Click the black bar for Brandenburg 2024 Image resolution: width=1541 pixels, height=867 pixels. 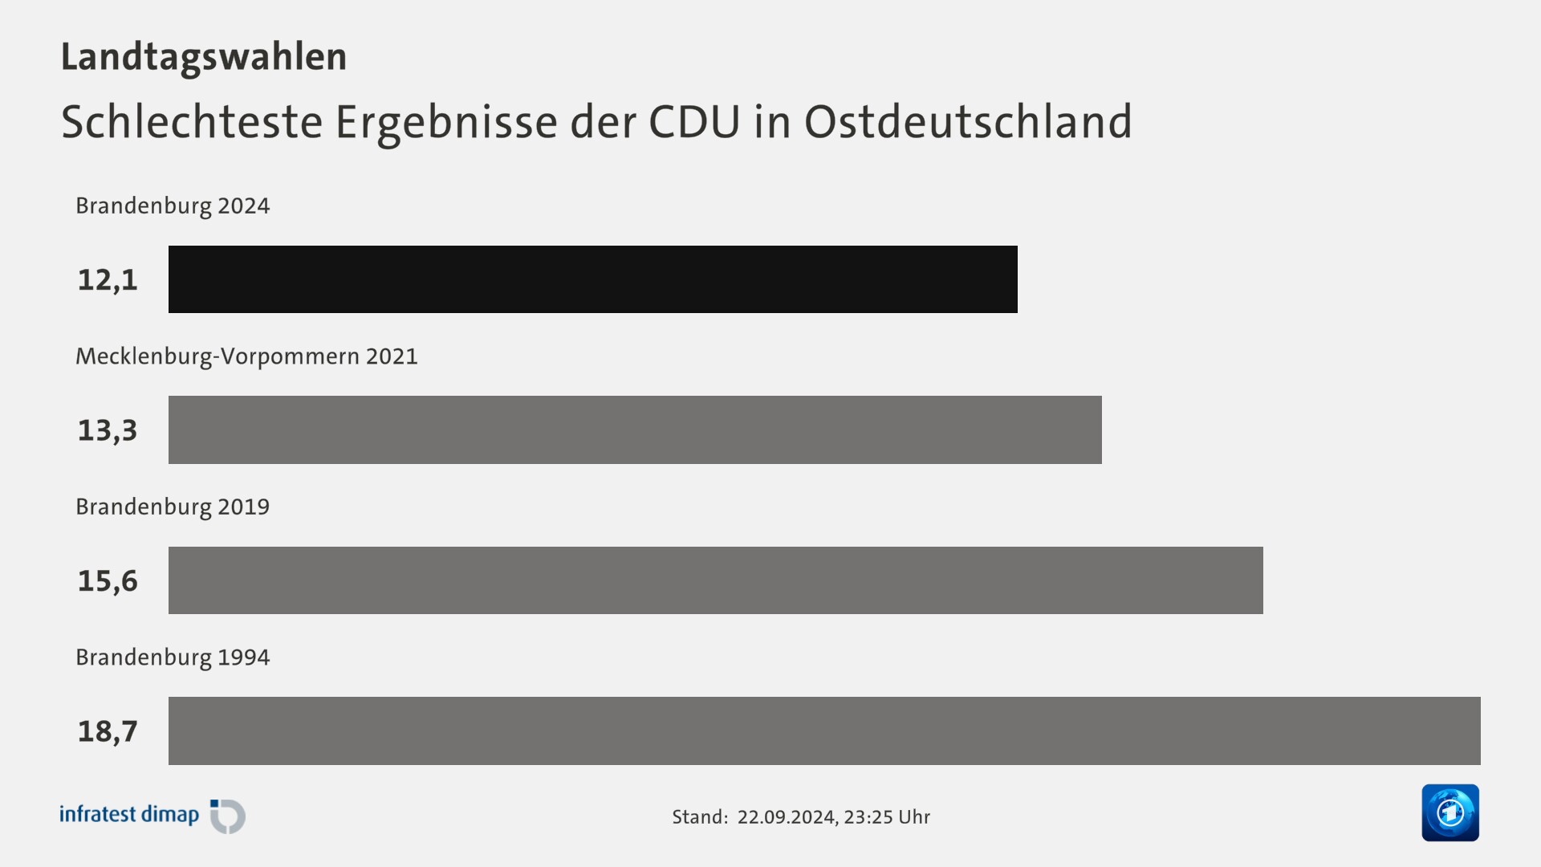click(592, 279)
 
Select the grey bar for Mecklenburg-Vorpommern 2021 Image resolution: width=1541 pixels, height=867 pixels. click(634, 429)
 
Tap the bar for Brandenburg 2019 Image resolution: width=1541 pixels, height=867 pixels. click(714, 580)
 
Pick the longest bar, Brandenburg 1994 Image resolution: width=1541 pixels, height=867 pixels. click(823, 731)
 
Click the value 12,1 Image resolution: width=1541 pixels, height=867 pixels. click(108, 280)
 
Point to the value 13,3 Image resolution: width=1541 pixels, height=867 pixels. click(108, 430)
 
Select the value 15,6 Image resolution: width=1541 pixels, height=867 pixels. click(108, 580)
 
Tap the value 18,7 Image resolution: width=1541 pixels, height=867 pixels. click(108, 731)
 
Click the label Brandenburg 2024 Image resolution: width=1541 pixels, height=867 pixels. click(173, 206)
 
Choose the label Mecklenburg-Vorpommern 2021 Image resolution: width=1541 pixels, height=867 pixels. click(246, 356)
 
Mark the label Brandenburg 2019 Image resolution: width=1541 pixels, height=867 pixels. click(173, 507)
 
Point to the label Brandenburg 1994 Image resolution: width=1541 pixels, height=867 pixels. click(173, 657)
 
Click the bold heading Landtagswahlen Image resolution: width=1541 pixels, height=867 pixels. click(204, 57)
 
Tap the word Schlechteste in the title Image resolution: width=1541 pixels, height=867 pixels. click(192, 122)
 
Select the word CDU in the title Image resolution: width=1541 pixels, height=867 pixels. click(693, 122)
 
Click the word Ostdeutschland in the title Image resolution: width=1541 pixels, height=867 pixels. click(967, 122)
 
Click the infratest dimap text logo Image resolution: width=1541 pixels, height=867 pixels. click(129, 815)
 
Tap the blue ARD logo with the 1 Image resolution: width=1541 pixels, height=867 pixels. click(1450, 812)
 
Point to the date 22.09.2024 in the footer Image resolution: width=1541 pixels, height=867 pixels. click(786, 817)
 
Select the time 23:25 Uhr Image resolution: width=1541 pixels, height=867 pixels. click(887, 817)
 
